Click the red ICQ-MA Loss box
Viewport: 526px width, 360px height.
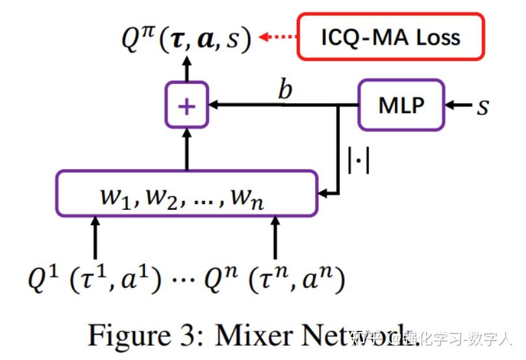(391, 36)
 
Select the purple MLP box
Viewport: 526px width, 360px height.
(401, 104)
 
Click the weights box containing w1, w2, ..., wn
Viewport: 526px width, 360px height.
(187, 193)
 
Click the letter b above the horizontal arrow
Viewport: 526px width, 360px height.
(284, 90)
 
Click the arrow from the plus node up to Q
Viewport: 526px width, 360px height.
(187, 68)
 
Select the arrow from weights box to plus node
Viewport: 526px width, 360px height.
(187, 148)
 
